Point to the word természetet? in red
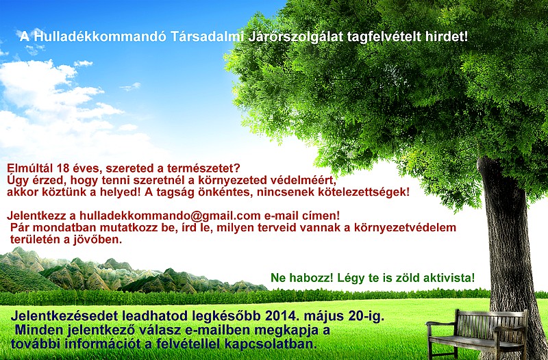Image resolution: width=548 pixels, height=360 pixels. click(199, 168)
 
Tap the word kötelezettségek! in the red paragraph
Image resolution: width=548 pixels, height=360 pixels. click(363, 192)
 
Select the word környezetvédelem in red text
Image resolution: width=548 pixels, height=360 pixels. click(405, 227)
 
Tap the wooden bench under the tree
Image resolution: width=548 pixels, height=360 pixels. click(477, 332)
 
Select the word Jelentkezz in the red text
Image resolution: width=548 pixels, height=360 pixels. click(36, 216)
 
